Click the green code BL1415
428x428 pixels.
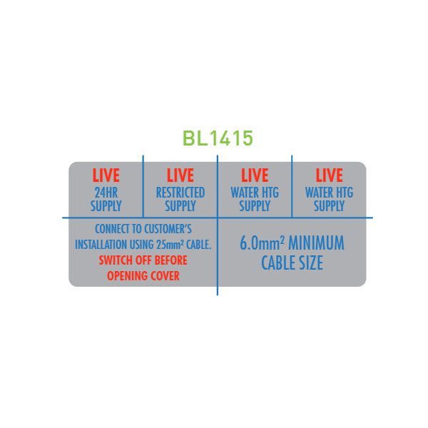pyautogui.click(x=218, y=138)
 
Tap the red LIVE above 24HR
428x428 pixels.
pyautogui.click(x=106, y=175)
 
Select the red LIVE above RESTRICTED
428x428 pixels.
pyautogui.click(x=180, y=175)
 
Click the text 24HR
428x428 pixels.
pyautogui.click(x=106, y=193)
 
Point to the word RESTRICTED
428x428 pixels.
pyautogui.click(x=180, y=193)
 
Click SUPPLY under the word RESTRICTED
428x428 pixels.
pyautogui.click(x=180, y=205)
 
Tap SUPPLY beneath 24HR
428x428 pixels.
pyautogui.click(x=106, y=205)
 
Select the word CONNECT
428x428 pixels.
pyautogui.click(x=112, y=229)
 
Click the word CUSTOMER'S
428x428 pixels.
pyautogui.click(x=168, y=229)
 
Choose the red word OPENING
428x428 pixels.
pyautogui.click(x=125, y=276)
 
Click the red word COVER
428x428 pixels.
pyautogui.click(x=163, y=276)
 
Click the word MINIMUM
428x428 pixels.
pyautogui.click(x=316, y=243)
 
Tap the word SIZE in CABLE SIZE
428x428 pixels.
pyautogui.click(x=311, y=263)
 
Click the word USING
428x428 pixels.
pyautogui.click(x=142, y=245)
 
